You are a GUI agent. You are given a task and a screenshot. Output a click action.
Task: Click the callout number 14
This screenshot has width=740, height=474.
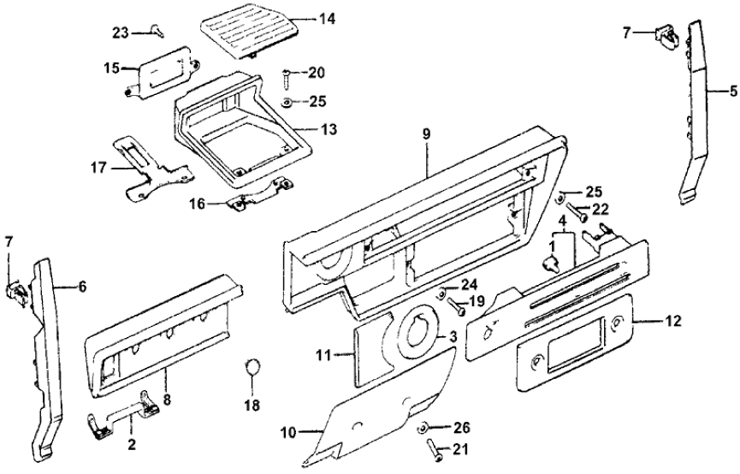(x=304, y=19)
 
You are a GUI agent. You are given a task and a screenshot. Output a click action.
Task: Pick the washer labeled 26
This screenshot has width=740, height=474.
(x=423, y=426)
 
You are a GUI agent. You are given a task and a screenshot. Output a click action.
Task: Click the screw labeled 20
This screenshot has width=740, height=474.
(x=284, y=77)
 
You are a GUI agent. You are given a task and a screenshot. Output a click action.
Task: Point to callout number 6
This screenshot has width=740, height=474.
(x=82, y=287)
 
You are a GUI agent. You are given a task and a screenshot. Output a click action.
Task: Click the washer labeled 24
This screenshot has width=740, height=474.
(x=441, y=293)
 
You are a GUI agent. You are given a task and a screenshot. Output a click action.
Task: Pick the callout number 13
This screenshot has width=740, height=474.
(x=329, y=131)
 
